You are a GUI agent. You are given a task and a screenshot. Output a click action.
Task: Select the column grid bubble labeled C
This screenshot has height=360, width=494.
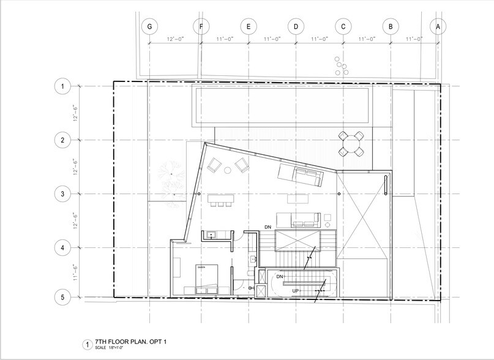click(x=343, y=26)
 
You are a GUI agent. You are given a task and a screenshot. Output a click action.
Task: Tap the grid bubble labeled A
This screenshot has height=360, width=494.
click(x=438, y=26)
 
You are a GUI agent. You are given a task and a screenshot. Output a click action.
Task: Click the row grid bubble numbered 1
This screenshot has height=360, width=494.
click(x=62, y=86)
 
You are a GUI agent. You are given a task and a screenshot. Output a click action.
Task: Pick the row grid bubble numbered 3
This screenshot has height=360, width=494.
click(x=62, y=194)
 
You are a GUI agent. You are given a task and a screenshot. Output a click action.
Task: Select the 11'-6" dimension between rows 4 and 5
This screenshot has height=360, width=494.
click(x=75, y=272)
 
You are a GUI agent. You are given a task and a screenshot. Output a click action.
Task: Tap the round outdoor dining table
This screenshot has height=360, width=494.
click(x=352, y=144)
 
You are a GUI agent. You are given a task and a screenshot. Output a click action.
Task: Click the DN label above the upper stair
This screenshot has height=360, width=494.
click(x=268, y=227)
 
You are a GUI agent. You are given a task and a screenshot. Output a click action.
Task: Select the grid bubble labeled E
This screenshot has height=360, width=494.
click(x=248, y=26)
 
